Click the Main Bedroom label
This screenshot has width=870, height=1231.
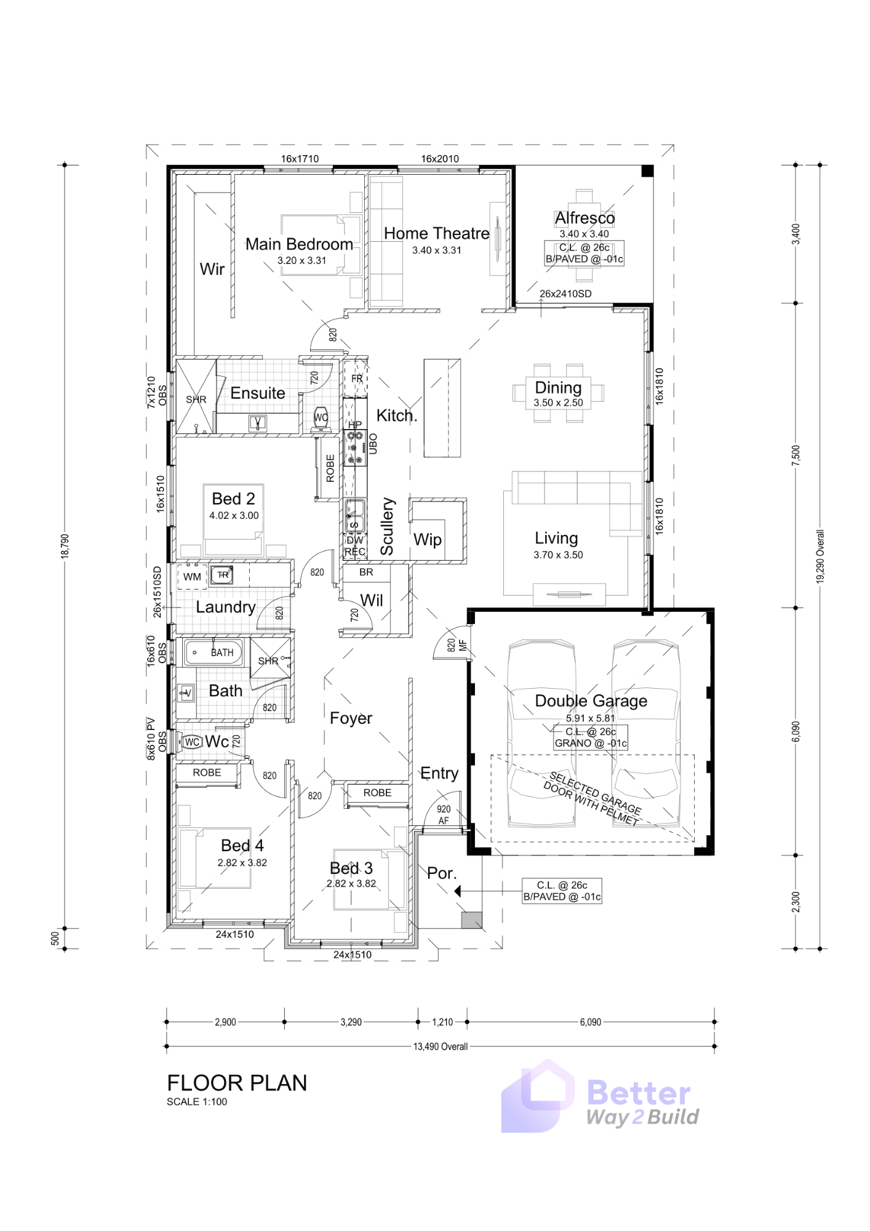point(299,244)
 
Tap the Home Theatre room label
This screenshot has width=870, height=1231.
point(437,233)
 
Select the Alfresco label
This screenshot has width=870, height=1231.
point(585,218)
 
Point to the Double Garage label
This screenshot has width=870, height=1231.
point(591,700)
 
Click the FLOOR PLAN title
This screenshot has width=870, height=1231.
point(237,1083)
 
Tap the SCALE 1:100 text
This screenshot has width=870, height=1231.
point(197,1102)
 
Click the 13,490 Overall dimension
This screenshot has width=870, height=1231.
point(441,1046)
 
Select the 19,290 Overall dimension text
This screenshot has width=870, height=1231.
point(820,556)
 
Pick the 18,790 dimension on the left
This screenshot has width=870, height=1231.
point(65,547)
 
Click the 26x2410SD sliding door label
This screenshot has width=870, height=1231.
point(565,294)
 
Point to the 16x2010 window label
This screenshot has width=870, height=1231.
point(440,159)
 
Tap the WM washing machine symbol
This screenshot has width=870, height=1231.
point(192,577)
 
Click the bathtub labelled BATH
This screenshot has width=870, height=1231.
point(214,652)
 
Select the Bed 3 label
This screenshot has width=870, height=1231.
point(351,868)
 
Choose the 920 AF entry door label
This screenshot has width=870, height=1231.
point(444,815)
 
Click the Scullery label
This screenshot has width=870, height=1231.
point(386,527)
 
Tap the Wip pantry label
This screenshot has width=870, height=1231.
point(428,540)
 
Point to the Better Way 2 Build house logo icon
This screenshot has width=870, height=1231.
point(537,1096)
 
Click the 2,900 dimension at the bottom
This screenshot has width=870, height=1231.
point(225,1022)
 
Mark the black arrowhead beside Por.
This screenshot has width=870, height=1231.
point(458,891)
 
